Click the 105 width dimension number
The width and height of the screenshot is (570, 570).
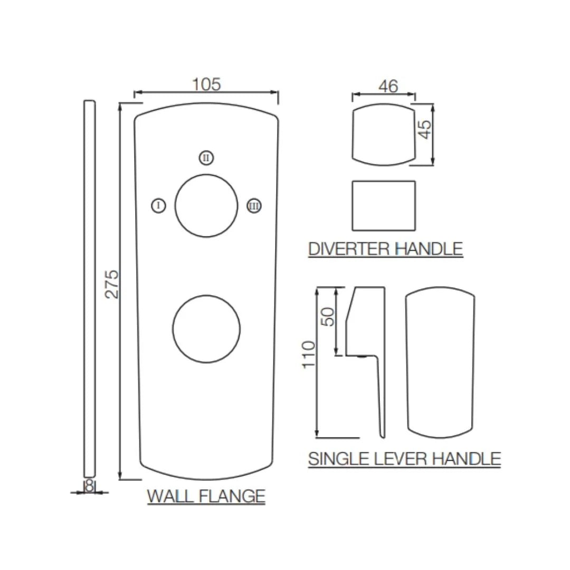click(x=206, y=84)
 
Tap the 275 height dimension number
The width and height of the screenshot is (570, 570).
click(x=111, y=284)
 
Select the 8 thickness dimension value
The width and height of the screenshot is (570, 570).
click(x=89, y=486)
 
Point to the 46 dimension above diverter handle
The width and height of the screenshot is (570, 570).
click(x=388, y=87)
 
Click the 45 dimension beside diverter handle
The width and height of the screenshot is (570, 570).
click(x=424, y=129)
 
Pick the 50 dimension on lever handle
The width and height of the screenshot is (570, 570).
click(x=328, y=317)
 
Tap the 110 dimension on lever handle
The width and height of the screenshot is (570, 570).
click(x=309, y=355)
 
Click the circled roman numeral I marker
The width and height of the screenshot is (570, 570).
click(x=158, y=206)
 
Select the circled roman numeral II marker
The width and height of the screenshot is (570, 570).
click(x=206, y=158)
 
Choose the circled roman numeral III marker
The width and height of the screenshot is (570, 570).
click(x=254, y=206)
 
